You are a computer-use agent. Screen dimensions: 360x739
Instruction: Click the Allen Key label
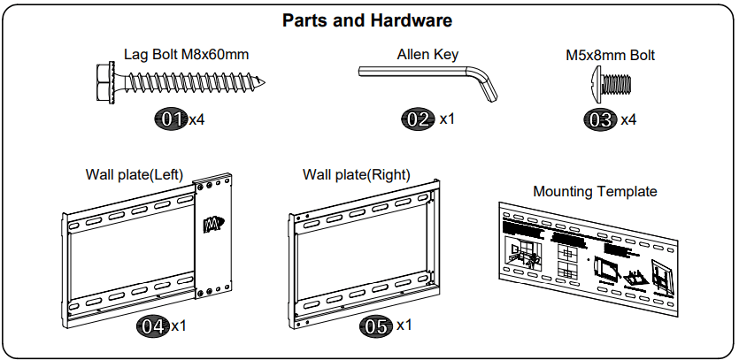point(427,55)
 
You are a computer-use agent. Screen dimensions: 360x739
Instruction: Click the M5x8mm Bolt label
point(611,55)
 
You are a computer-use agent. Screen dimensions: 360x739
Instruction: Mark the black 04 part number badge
point(152,326)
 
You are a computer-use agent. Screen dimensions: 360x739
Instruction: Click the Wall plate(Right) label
point(356,174)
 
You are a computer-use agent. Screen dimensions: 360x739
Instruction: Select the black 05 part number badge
point(377,326)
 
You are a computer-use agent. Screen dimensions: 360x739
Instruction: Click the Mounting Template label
point(595,191)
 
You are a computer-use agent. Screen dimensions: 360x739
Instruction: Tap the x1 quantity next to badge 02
point(448,119)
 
